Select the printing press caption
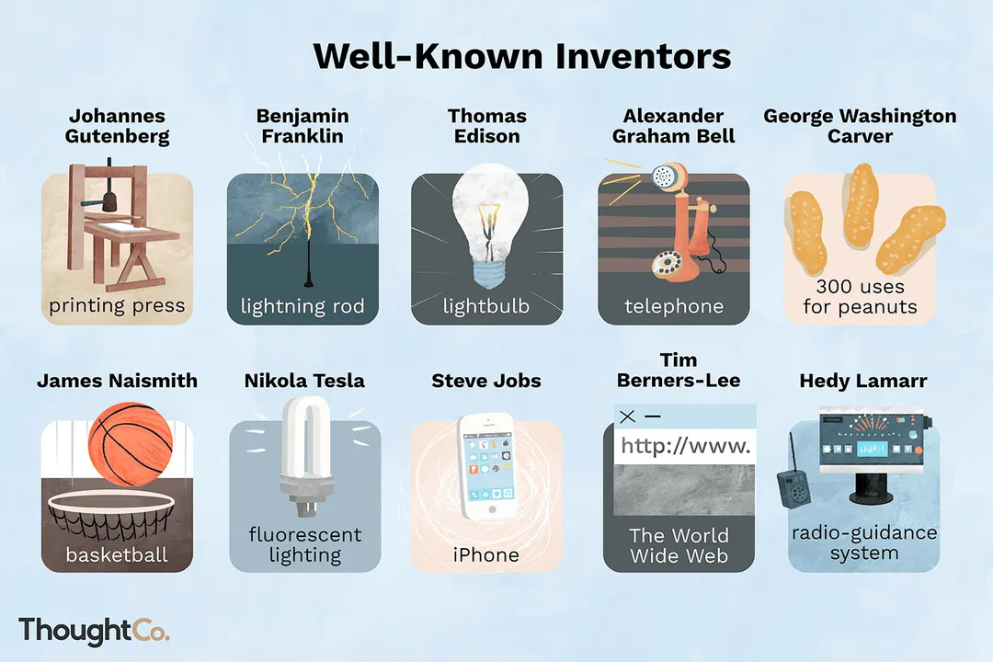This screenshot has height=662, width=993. click(x=117, y=305)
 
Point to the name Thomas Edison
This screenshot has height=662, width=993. click(x=486, y=126)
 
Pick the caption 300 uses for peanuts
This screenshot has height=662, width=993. click(x=860, y=297)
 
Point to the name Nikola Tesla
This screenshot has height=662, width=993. click(x=304, y=381)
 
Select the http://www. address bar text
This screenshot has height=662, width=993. click(x=685, y=447)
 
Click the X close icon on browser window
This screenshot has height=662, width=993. click(x=628, y=417)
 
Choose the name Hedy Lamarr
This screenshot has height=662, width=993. click(x=863, y=381)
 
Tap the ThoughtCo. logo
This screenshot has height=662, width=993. click(x=94, y=631)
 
